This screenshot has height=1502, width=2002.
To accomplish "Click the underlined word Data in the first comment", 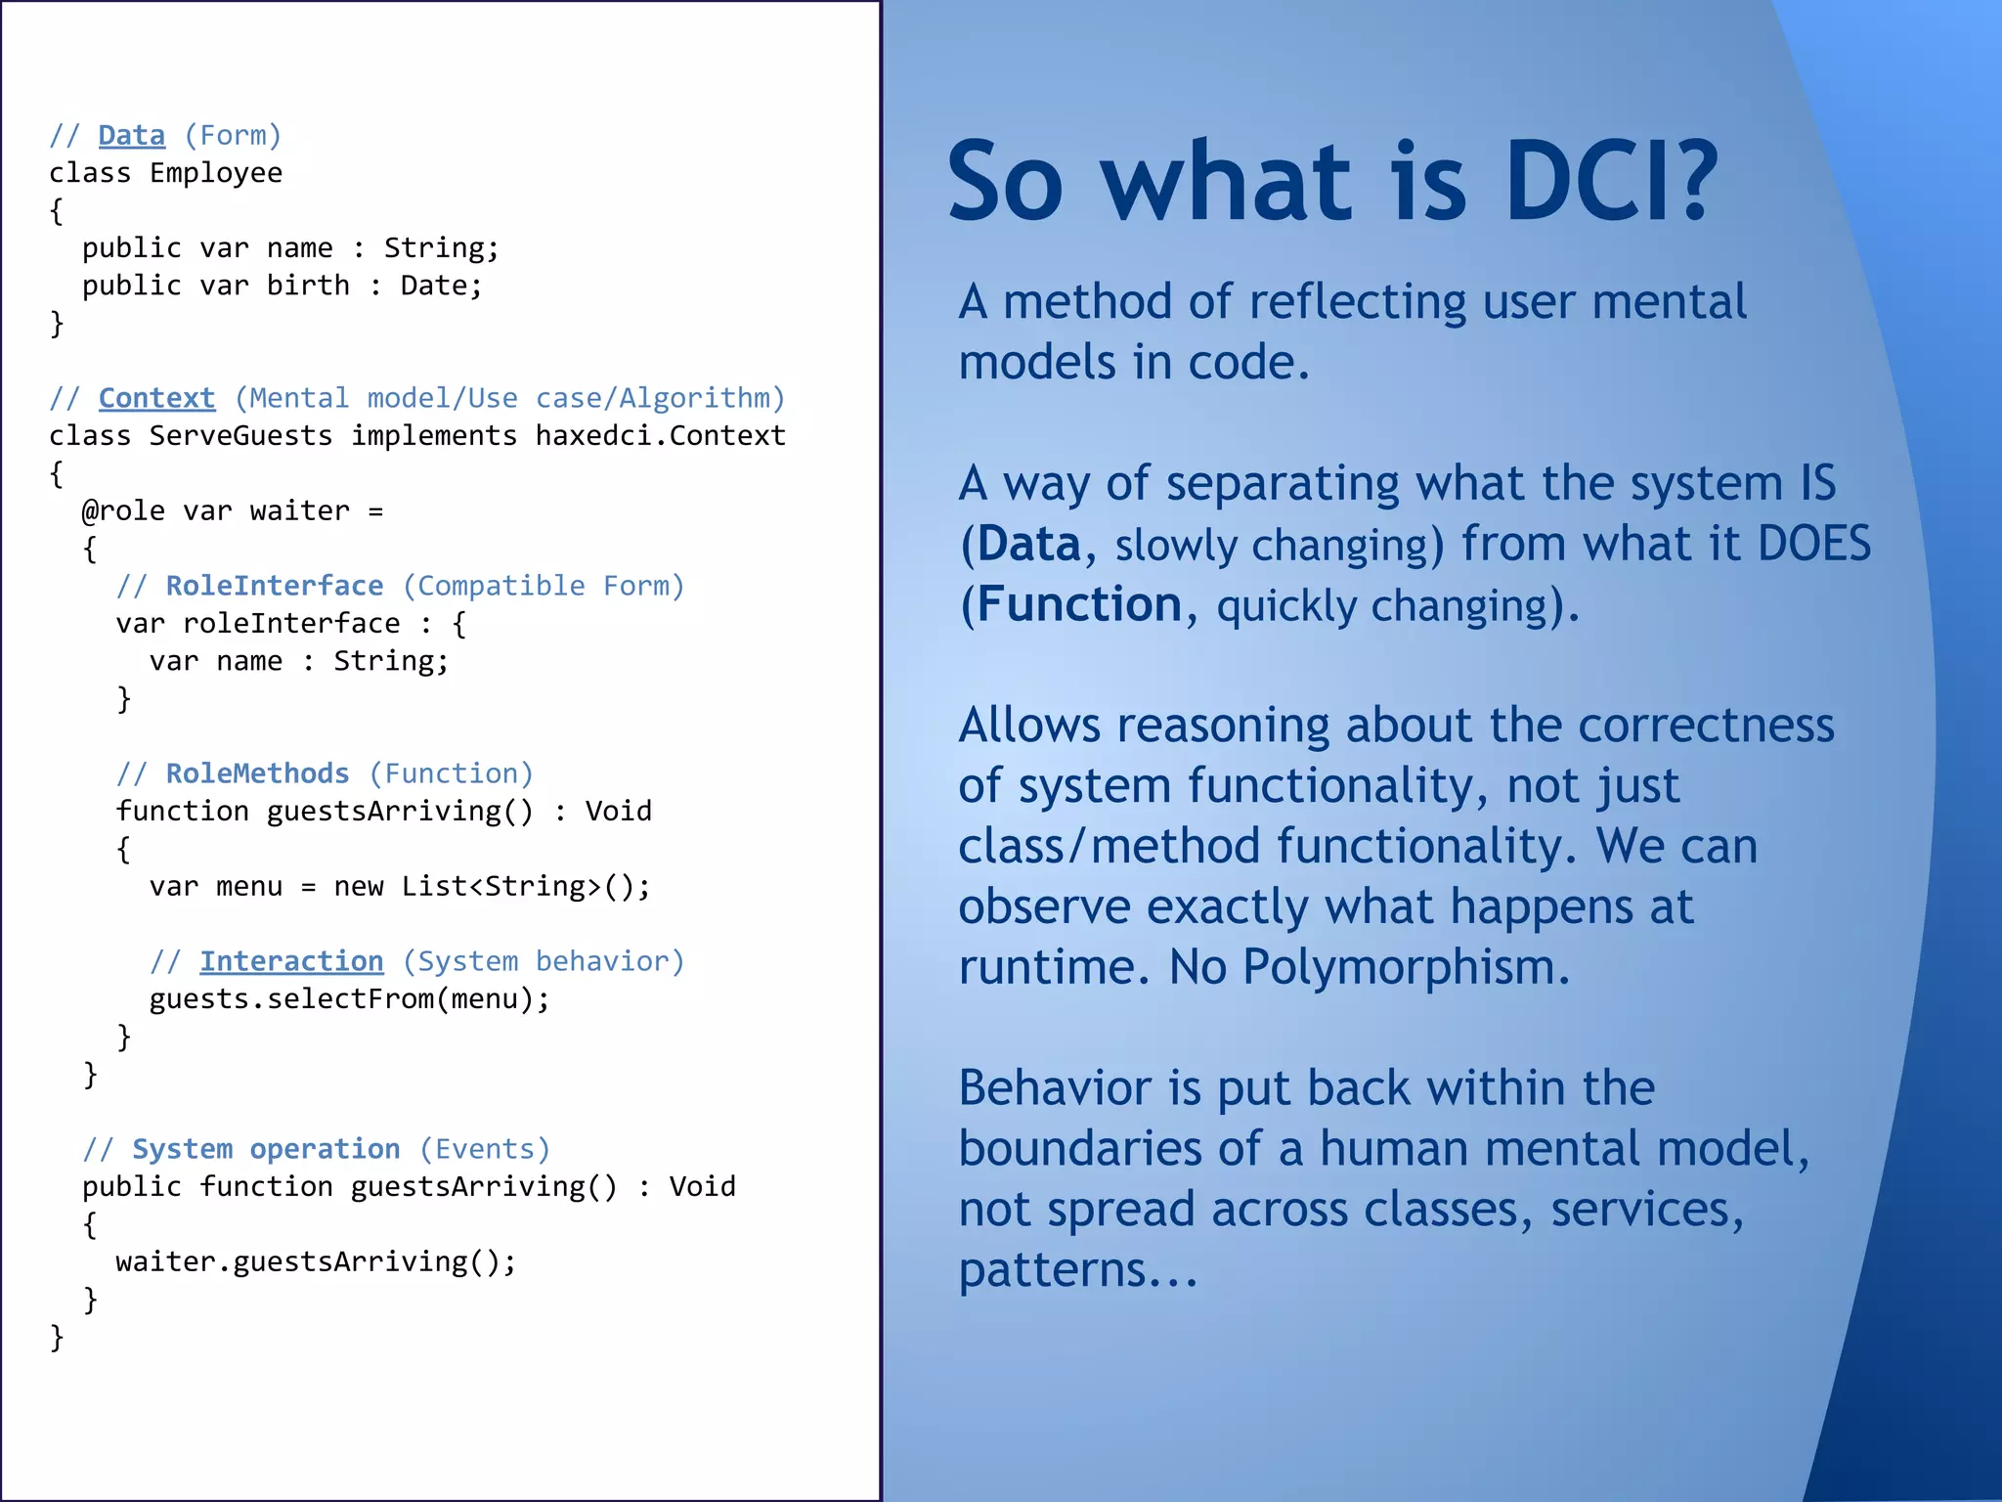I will (131, 135).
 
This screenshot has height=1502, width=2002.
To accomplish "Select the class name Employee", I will (215, 173).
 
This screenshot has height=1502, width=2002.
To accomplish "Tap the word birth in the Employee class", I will (308, 286).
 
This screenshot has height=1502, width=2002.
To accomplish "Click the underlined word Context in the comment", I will (156, 398).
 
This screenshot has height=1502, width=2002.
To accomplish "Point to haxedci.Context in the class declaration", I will (660, 435).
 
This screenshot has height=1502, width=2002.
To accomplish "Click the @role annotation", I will (123, 510).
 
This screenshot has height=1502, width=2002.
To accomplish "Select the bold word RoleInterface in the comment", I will (274, 586).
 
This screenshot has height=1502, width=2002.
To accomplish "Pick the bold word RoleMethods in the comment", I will (257, 773).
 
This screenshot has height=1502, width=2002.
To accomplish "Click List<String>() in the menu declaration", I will (525, 886).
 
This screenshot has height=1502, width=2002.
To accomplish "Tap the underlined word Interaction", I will (291, 961).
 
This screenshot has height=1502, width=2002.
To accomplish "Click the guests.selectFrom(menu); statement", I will (349, 998).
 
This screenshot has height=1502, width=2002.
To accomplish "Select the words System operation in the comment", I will (266, 1149).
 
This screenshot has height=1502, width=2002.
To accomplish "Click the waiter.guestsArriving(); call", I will (315, 1261).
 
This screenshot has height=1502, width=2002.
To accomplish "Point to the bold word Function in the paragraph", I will (1079, 604).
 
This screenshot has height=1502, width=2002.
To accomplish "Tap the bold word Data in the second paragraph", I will (1028, 544).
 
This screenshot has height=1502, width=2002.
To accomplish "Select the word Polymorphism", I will (1405, 967).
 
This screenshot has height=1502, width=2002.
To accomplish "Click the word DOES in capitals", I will (1813, 544).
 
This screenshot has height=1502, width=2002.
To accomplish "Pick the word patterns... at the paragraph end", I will (1077, 1270).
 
